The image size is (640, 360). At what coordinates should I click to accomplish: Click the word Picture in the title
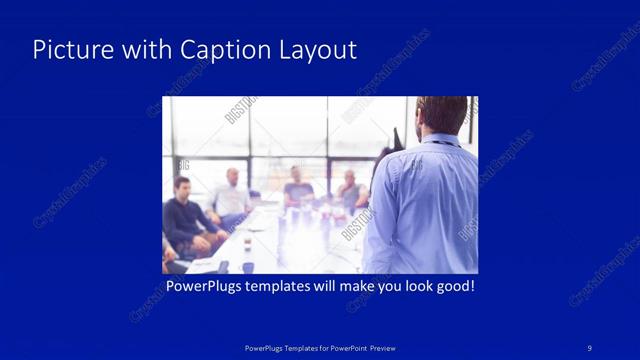[66, 50]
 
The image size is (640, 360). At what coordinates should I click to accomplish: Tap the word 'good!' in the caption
[452, 286]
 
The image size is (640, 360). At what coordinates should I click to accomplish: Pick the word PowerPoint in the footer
[345, 348]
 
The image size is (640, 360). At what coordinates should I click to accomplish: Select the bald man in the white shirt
[231, 196]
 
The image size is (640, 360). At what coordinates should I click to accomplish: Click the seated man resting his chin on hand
[350, 190]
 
